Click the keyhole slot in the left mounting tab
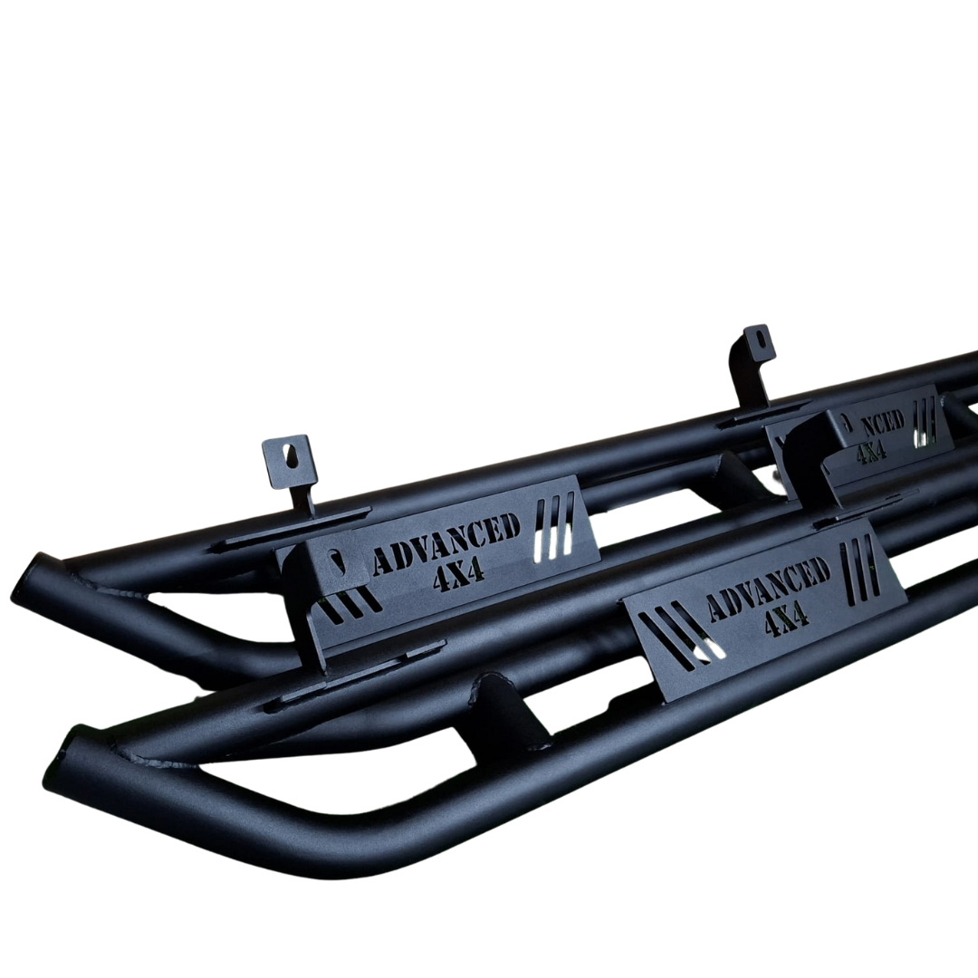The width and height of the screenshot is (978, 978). [x=292, y=455]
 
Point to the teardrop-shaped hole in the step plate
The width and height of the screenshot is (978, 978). [x=337, y=561]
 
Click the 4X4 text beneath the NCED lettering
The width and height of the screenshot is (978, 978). [x=871, y=450]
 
